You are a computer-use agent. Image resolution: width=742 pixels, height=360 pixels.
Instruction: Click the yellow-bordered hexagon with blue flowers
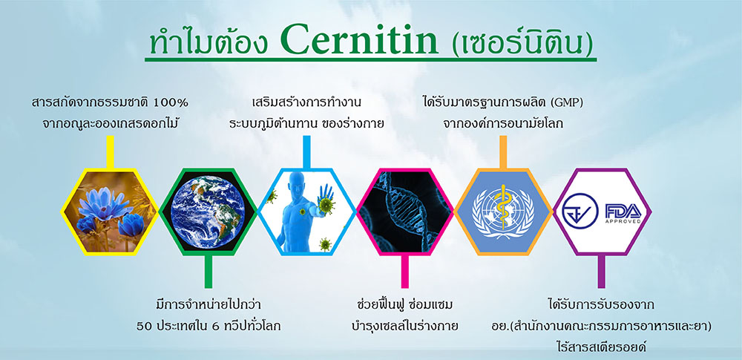110,212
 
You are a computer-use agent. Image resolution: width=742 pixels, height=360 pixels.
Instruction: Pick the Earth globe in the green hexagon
209,212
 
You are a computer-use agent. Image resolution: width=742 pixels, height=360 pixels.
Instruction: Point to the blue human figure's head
295,183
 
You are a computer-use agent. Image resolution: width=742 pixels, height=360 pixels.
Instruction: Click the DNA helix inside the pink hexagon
404,212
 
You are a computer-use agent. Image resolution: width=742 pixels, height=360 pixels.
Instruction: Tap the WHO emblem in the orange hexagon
503,211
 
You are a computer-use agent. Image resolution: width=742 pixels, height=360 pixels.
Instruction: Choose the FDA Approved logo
623,214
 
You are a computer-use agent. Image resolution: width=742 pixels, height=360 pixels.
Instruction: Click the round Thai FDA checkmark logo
580,212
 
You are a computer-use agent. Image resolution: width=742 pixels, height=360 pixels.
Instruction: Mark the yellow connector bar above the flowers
110,152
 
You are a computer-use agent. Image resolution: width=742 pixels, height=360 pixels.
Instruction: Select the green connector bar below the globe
209,272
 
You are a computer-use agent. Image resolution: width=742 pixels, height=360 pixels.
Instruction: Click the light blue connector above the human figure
306,152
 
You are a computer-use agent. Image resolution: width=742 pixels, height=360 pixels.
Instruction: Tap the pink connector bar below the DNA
404,272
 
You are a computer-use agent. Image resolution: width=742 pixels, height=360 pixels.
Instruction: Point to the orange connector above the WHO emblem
503,152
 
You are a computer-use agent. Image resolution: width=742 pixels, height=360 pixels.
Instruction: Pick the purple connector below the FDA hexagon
602,272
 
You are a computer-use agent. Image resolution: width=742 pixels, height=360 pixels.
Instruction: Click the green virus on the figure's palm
326,205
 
